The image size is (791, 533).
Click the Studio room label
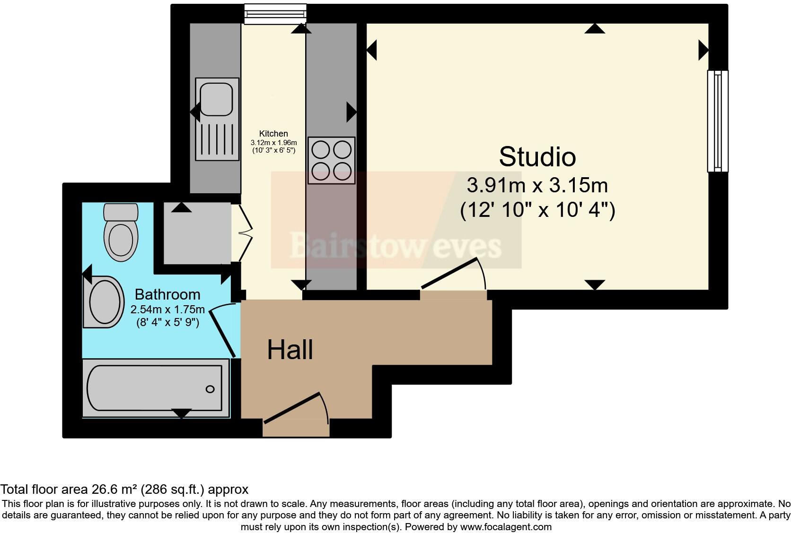[537, 157]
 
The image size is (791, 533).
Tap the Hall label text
[290, 350]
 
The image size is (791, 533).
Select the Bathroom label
[167, 294]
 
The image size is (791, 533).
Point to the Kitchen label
[273, 134]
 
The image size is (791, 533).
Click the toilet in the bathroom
[121, 233]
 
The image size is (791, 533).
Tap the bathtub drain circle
[210, 389]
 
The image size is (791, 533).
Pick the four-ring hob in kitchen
[331, 161]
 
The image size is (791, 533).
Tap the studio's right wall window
[717, 121]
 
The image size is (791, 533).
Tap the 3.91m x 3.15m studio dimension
[537, 185]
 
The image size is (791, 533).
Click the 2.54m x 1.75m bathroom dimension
[167, 310]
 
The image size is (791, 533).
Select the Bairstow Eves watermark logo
[395, 246]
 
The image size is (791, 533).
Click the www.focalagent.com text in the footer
[506, 526]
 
